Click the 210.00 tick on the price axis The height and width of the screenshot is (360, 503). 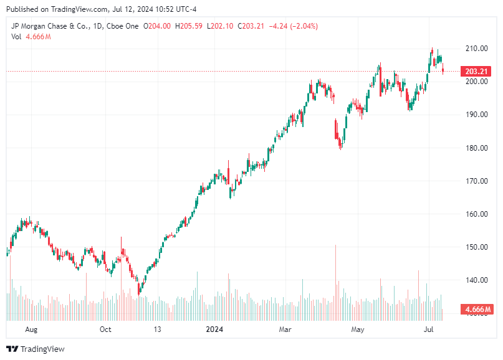[475, 49]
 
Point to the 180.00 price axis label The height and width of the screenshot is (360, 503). [475, 148]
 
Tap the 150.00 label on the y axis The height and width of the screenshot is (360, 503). [475, 247]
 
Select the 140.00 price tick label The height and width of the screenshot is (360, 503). [475, 280]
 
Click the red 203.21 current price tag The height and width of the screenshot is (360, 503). [476, 72]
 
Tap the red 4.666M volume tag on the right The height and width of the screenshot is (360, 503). [476, 310]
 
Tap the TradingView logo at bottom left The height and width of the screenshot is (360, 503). [36, 349]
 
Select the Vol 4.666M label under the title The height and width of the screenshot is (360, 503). [31, 37]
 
